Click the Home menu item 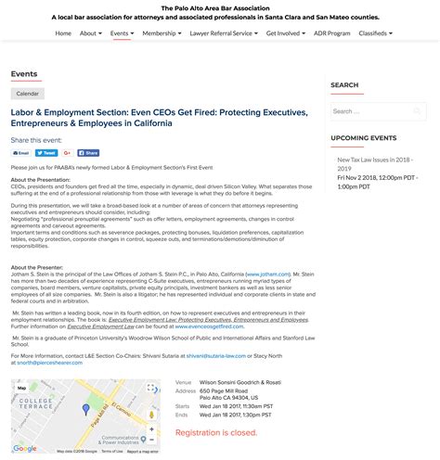63,33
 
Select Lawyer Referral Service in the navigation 224,33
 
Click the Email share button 21,153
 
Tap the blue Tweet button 48,153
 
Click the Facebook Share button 88,153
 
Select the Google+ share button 69,153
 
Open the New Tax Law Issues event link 376,164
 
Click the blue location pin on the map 86,408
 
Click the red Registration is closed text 216,432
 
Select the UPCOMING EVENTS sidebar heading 363,137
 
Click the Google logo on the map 24,449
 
